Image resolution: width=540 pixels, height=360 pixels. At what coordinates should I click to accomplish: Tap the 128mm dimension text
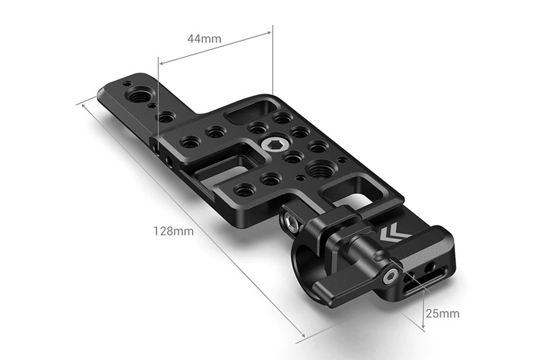[x=174, y=231]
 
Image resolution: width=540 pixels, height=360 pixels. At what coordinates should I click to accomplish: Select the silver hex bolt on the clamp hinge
[x=293, y=224]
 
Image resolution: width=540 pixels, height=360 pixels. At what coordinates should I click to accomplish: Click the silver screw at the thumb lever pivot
[x=391, y=275]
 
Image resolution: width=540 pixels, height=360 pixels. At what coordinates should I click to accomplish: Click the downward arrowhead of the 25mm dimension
[x=423, y=328]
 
